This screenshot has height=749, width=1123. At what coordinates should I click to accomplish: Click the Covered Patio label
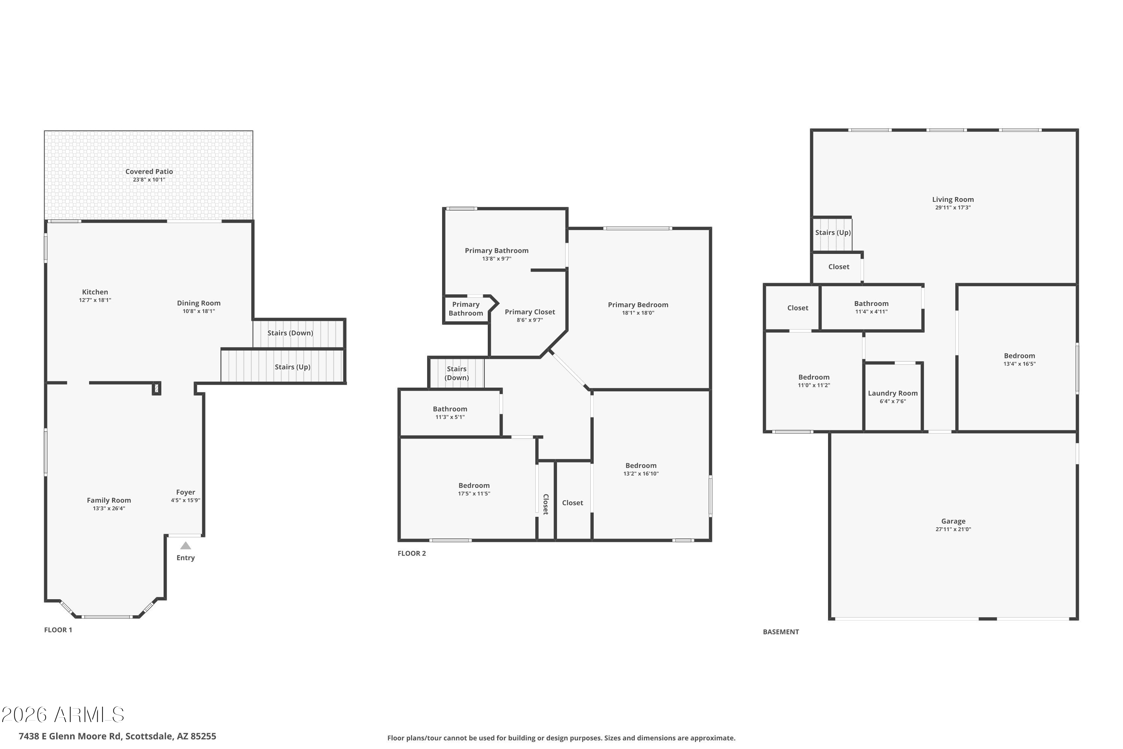[x=149, y=172]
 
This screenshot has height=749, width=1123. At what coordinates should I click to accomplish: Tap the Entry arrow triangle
[x=186, y=546]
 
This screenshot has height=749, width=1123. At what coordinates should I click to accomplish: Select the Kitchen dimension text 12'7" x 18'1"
[x=95, y=300]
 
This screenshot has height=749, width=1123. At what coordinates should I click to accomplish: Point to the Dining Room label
[x=199, y=303]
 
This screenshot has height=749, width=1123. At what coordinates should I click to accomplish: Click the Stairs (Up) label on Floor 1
[x=292, y=367]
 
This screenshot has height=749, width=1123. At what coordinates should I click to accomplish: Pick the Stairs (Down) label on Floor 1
[x=290, y=333]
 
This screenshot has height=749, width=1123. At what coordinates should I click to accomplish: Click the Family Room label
[x=109, y=500]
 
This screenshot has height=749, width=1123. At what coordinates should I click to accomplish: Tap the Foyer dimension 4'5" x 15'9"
[x=185, y=500]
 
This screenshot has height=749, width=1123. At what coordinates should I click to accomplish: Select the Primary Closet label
[x=530, y=312]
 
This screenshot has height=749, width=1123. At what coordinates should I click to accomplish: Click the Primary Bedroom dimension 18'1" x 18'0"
[x=638, y=313]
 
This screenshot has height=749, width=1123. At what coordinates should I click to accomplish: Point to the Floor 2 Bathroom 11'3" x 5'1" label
[x=450, y=409]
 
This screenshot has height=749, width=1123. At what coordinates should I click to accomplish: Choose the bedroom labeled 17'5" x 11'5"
[x=474, y=485]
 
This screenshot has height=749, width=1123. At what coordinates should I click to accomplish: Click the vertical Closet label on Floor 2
[x=546, y=504]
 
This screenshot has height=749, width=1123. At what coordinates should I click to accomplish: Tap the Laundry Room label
[x=892, y=393]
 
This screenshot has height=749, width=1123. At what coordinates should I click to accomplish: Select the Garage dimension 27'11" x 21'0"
[x=953, y=529]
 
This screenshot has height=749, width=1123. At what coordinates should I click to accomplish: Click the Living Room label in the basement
[x=953, y=200]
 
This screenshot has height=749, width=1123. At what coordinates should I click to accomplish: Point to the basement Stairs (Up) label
[x=833, y=233]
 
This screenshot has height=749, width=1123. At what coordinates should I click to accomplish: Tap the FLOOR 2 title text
[x=411, y=553]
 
